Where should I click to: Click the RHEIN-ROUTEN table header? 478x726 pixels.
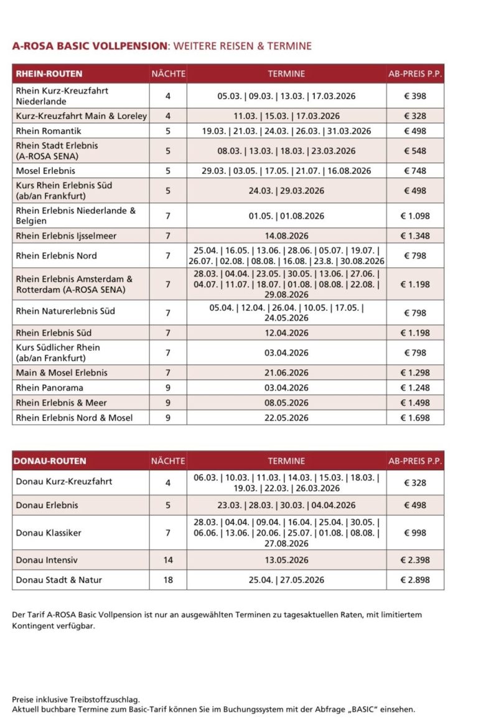[48, 73]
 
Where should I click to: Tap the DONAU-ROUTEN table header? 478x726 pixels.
[50, 461]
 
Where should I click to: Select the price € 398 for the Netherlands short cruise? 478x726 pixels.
[415, 96]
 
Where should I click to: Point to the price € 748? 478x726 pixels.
[415, 171]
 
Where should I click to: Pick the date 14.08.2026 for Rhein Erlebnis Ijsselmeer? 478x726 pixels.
[286, 236]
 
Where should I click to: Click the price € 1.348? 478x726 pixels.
[415, 236]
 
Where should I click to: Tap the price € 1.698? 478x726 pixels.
[415, 417]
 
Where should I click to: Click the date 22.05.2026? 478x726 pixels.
[286, 417]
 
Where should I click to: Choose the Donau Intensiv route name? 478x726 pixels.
[47, 560]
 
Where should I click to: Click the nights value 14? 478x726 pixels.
[168, 560]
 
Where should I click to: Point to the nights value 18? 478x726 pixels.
[168, 580]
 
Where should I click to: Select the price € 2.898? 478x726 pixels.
[415, 580]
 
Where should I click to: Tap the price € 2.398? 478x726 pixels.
[415, 560]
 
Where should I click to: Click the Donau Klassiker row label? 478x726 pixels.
[49, 532]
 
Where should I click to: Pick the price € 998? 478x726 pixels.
[415, 532]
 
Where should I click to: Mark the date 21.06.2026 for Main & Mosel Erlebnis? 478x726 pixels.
[286, 372]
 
